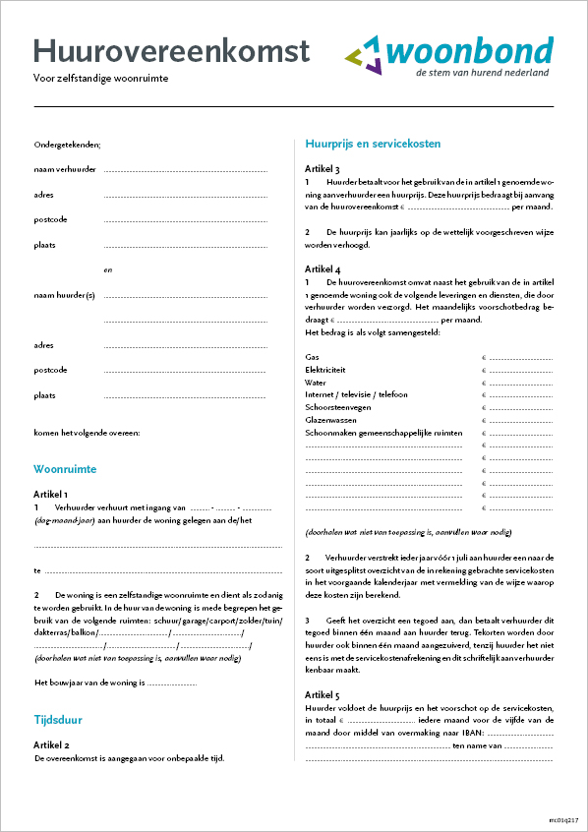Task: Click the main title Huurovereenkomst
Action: tap(171, 50)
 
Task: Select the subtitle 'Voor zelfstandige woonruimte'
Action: tap(94, 79)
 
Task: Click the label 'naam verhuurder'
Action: tap(65, 169)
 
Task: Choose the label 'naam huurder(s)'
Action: tap(65, 295)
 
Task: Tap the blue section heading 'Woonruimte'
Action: tap(65, 470)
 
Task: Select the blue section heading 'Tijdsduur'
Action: tap(58, 720)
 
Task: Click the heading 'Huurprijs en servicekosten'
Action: tap(373, 144)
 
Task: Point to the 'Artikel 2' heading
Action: tap(51, 745)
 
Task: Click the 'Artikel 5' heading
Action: tap(323, 694)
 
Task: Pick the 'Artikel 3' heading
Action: tap(323, 169)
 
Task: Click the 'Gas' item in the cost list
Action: tap(312, 357)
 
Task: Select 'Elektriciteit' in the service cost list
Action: tap(325, 370)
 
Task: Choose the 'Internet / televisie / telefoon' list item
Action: tap(356, 394)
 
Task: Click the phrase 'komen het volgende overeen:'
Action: tap(87, 433)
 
